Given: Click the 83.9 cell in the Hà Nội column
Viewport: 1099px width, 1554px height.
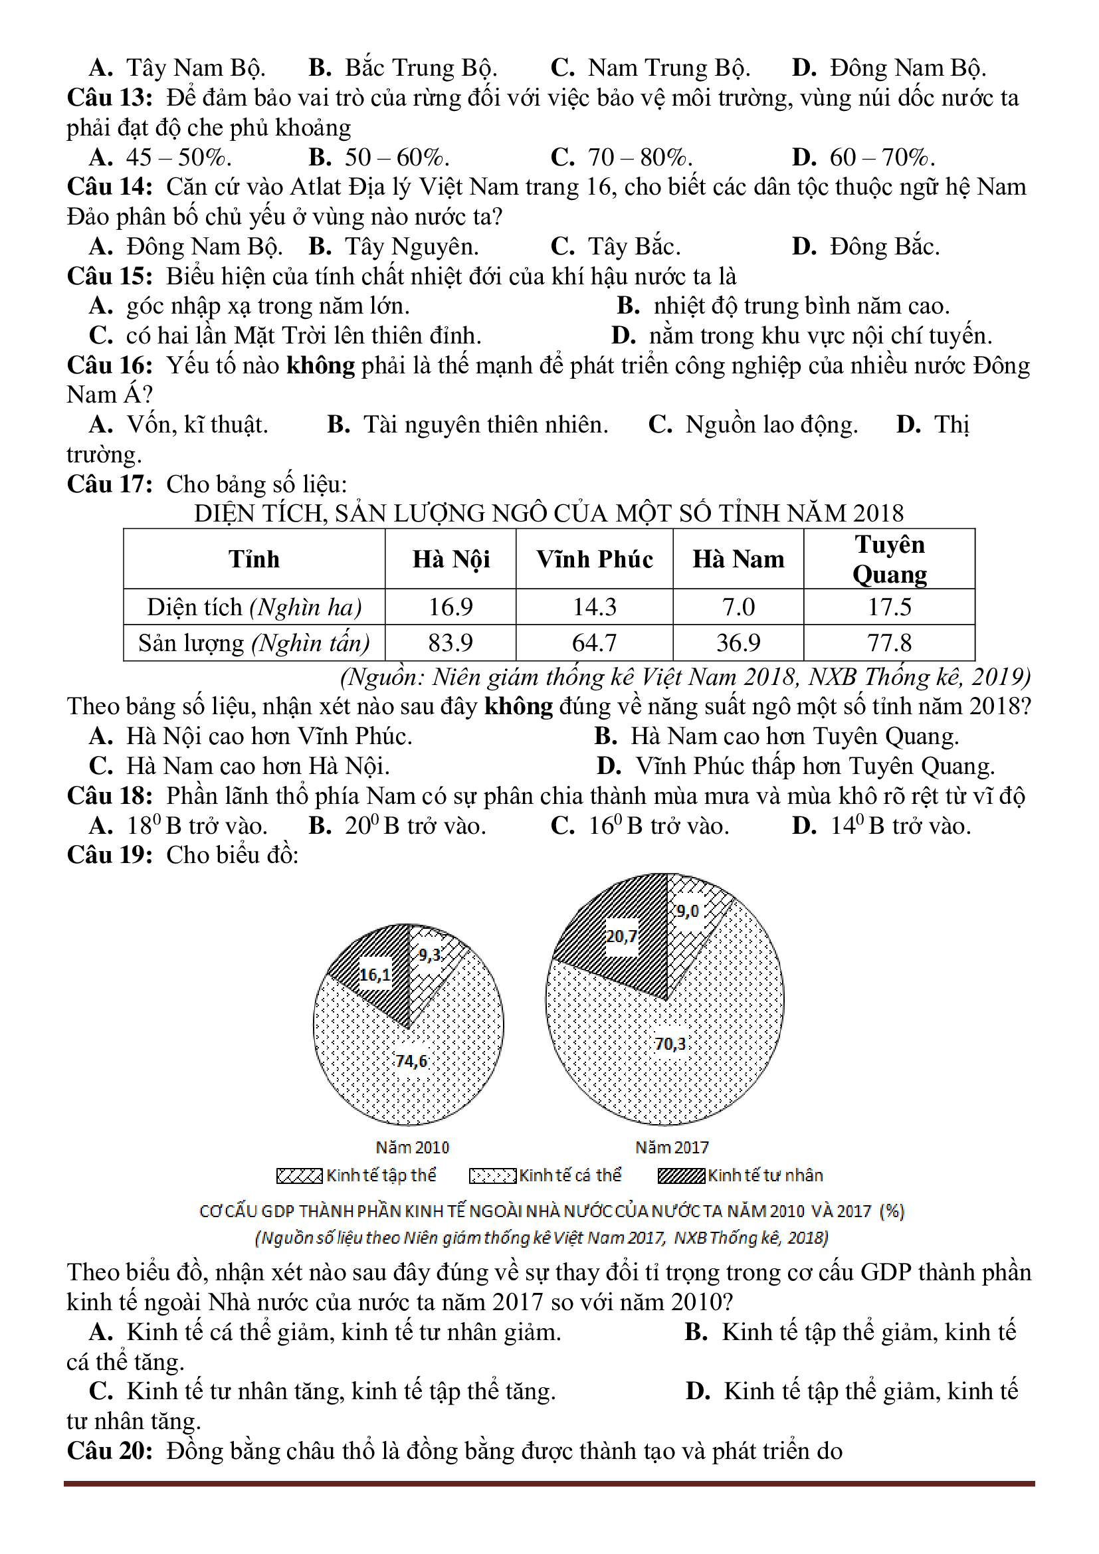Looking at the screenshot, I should pyautogui.click(x=450, y=642).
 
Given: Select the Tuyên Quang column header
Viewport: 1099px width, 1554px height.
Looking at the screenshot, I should pyautogui.click(x=888, y=559).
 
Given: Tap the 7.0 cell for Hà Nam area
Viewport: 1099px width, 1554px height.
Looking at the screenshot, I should pyautogui.click(x=738, y=607).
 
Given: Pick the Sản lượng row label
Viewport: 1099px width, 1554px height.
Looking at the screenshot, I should pyautogui.click(x=254, y=642).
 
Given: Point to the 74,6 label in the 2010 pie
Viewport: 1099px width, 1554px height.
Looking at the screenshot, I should pyautogui.click(x=411, y=1060).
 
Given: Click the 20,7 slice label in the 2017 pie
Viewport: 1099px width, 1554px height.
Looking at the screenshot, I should pyautogui.click(x=621, y=936).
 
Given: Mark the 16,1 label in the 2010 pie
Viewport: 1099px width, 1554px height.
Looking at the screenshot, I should pyautogui.click(x=375, y=975).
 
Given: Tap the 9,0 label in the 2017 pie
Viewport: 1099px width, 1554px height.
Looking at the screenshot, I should pyautogui.click(x=687, y=911).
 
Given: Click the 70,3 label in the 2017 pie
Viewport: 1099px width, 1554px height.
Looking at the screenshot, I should pyautogui.click(x=670, y=1044).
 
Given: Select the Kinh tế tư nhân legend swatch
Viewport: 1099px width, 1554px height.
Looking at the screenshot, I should pyautogui.click(x=681, y=1177).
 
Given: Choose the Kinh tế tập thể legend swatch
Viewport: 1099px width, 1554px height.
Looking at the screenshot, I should pyautogui.click(x=299, y=1177).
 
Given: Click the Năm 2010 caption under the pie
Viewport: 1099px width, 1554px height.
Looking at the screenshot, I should pyautogui.click(x=412, y=1147).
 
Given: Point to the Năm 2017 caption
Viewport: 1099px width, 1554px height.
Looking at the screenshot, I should pyautogui.click(x=671, y=1147).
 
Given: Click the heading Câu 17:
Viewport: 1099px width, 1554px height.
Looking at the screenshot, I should pyautogui.click(x=110, y=484).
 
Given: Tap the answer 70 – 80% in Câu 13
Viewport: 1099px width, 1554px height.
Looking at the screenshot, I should pyautogui.click(x=639, y=157).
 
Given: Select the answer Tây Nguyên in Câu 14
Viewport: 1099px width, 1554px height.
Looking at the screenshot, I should pyautogui.click(x=411, y=246).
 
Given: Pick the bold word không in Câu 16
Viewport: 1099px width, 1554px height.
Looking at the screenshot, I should pyautogui.click(x=320, y=365).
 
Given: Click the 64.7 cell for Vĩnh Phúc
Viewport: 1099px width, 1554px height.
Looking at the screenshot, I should pyautogui.click(x=594, y=642).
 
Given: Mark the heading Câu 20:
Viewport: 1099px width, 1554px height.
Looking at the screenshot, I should pyautogui.click(x=110, y=1451).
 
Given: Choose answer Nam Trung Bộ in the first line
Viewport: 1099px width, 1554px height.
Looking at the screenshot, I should pyautogui.click(x=668, y=68).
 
